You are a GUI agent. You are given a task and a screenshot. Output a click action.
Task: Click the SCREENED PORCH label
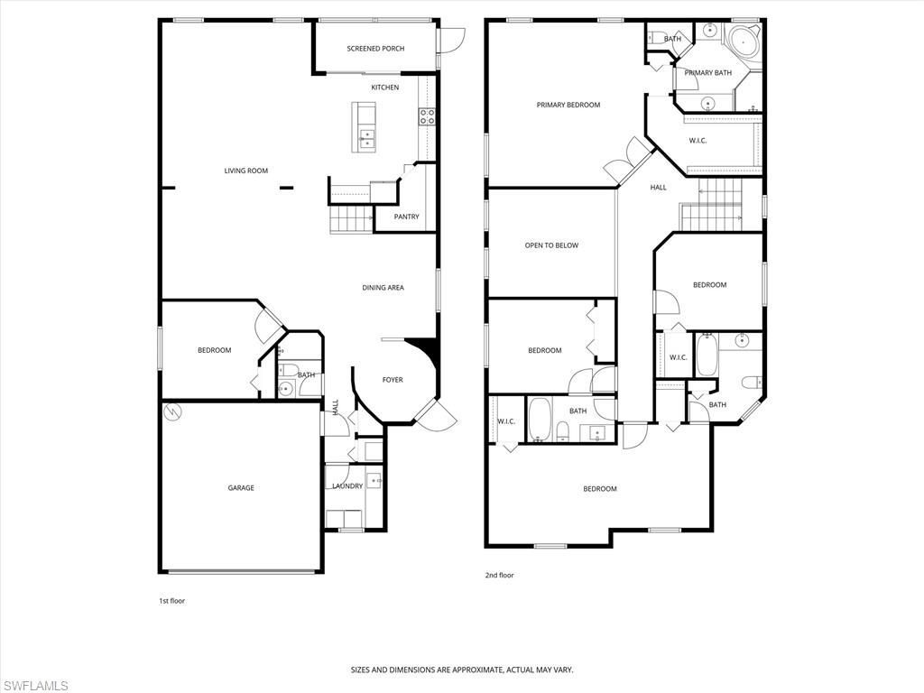click(375, 49)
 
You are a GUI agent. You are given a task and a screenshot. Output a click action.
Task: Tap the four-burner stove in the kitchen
click(427, 116)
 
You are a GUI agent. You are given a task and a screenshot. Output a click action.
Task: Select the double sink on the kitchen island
click(368, 138)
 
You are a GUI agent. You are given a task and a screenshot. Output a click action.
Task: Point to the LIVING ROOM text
click(245, 171)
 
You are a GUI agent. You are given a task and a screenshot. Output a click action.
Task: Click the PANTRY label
click(406, 217)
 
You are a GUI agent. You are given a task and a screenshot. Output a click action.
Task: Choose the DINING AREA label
click(383, 288)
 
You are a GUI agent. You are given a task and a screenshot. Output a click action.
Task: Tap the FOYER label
click(393, 380)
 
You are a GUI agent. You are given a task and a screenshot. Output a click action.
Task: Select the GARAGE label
click(240, 488)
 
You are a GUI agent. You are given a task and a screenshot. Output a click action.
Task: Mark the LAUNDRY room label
click(346, 486)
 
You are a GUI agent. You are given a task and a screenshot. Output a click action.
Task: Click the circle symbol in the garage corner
click(172, 411)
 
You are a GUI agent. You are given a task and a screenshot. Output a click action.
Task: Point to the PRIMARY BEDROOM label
click(568, 105)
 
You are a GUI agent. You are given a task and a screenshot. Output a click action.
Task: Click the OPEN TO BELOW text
click(551, 245)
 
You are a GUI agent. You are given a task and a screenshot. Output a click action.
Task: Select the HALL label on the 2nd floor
click(658, 188)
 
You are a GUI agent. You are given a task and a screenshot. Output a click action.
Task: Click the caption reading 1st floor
click(171, 600)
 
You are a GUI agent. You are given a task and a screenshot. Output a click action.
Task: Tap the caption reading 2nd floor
click(500, 575)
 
